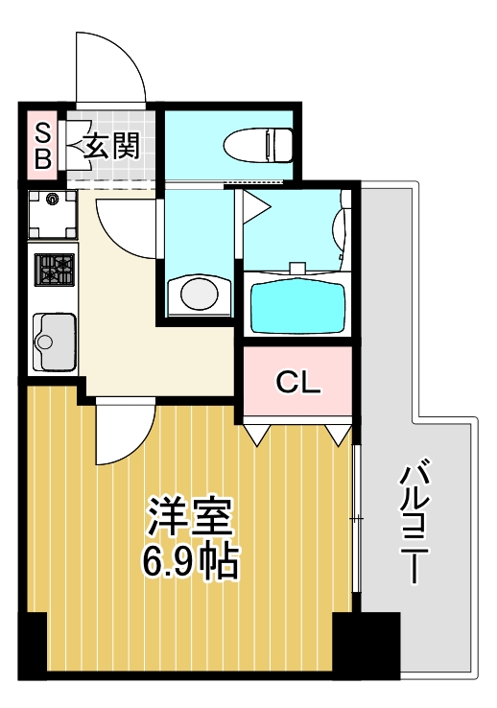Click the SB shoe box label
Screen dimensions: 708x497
[x=42, y=146]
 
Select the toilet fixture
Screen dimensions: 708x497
[x=257, y=146]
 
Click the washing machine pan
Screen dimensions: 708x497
[x=52, y=215]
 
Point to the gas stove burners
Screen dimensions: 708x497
[x=54, y=269]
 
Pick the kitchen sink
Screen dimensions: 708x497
[x=54, y=342]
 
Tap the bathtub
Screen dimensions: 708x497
[x=297, y=304]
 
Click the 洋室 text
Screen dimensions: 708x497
[x=190, y=518]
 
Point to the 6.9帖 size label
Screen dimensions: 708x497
[x=190, y=562]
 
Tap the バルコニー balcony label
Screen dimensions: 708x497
[x=414, y=523]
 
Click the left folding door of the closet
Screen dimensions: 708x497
[x=257, y=433]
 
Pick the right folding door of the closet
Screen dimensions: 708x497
[x=337, y=433]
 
